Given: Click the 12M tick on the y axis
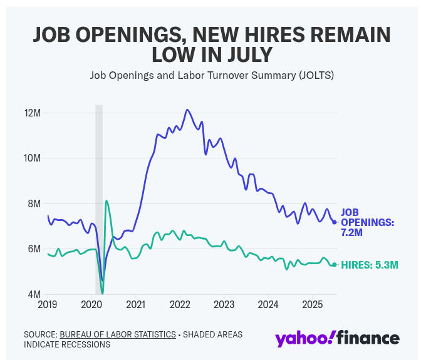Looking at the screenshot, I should (x=32, y=113).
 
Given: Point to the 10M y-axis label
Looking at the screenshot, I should (x=32, y=158).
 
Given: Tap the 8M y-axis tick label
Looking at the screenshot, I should (x=34, y=203).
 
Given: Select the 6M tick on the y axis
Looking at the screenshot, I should (x=34, y=249).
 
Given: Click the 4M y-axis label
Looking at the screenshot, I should (x=34, y=294).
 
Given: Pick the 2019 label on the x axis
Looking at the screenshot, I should (x=48, y=305).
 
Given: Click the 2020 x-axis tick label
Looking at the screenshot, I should (x=91, y=305).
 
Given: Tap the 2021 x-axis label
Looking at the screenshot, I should (x=136, y=305).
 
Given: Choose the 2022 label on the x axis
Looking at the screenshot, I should (x=180, y=305).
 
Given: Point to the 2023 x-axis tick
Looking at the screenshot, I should (x=224, y=305).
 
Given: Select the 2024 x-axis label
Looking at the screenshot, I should (x=268, y=305).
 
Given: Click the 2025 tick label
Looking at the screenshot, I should (x=313, y=305).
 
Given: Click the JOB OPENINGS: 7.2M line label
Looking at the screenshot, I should (x=367, y=222).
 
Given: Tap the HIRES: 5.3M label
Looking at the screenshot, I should (x=369, y=265).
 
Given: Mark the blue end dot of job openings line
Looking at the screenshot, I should (x=335, y=222).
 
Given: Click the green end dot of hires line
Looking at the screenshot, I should (x=335, y=265).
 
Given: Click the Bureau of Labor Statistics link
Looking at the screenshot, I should (x=118, y=334).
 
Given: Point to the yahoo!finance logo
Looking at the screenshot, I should (x=337, y=338).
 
